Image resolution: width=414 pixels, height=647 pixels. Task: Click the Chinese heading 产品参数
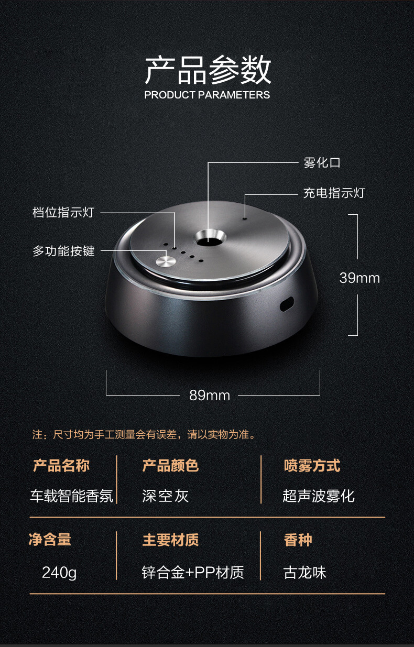click(x=208, y=70)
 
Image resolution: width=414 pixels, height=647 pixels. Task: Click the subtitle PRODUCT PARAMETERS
click(x=207, y=95)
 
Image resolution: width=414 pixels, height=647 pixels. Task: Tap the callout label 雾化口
click(x=322, y=163)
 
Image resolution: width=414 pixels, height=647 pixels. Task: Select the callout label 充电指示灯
click(x=334, y=193)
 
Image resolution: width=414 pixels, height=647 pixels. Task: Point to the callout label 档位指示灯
click(x=63, y=212)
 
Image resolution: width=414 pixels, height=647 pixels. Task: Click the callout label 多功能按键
click(x=63, y=251)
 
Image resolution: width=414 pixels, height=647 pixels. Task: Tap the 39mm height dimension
click(x=359, y=278)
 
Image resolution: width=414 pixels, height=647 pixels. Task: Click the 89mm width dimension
click(x=210, y=395)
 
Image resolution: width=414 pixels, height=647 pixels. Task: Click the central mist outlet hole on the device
click(x=210, y=240)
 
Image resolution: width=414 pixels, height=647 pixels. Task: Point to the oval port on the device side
click(x=287, y=304)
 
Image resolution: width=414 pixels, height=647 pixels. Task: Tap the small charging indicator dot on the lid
click(x=245, y=218)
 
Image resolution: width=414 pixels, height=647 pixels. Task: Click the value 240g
click(x=59, y=573)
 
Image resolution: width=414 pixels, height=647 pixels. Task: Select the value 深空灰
click(x=165, y=496)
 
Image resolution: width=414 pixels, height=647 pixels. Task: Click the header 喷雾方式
click(x=312, y=466)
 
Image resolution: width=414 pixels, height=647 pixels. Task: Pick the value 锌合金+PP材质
click(x=193, y=573)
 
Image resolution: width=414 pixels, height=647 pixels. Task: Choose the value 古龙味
click(x=305, y=573)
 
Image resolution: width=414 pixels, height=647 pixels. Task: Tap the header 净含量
click(x=50, y=540)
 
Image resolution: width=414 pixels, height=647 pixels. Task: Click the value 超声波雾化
click(x=319, y=496)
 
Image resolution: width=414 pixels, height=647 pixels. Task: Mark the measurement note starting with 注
click(x=144, y=434)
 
